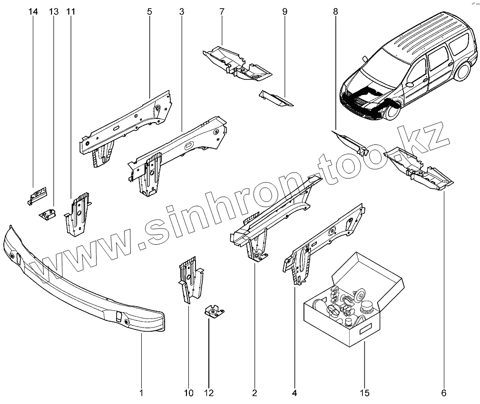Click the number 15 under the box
[364, 393]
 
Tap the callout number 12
[209, 393]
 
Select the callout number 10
[188, 393]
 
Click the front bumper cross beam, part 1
[81, 285]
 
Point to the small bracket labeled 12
[215, 311]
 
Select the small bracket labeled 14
[37, 194]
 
